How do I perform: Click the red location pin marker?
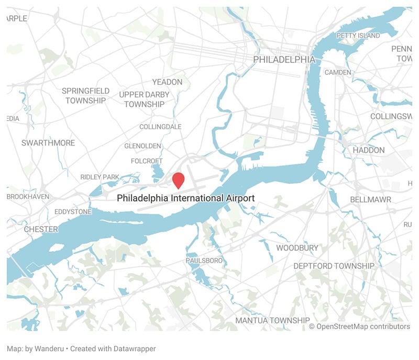pos(179,179)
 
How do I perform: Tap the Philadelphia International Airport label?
pos(185,198)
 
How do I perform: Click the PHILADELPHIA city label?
pos(284,60)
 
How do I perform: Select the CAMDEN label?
pos(338,72)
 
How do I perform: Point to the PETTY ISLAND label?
pos(358,36)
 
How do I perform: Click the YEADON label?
pos(167,82)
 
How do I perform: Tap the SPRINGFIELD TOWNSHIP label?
pos(85,95)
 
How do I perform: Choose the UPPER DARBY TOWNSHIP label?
pos(144,99)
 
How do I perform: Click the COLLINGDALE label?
pos(160,127)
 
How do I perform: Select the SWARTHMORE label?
pos(48,143)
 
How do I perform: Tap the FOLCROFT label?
pos(147,161)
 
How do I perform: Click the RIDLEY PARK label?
pos(100,177)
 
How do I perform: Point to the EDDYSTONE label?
pos(73,212)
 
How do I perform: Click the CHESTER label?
pos(41,229)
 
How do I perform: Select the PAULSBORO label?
pos(204,261)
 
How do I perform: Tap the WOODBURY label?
pos(297,248)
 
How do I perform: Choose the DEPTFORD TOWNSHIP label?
pos(334,266)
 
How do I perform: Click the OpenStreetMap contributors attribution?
pos(363,327)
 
